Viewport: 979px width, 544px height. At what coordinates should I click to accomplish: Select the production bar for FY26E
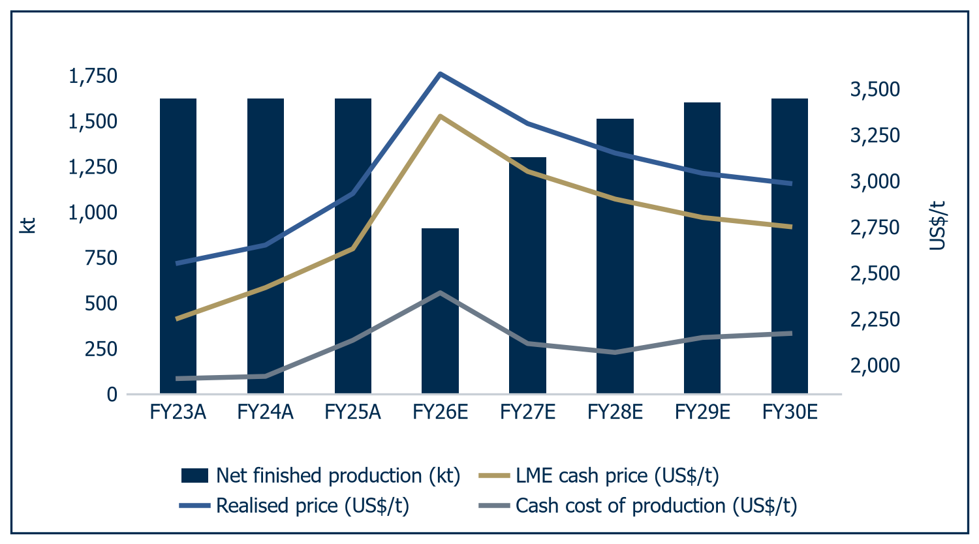pyautogui.click(x=440, y=310)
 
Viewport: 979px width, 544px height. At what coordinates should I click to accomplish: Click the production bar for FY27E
pyautogui.click(x=527, y=275)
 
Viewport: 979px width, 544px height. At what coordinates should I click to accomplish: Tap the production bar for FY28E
pyautogui.click(x=615, y=256)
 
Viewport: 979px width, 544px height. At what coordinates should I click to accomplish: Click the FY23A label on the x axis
pyautogui.click(x=178, y=412)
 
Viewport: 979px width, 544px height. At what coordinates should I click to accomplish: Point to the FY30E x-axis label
pyautogui.click(x=790, y=412)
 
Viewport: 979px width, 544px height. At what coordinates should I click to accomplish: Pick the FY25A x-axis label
pyautogui.click(x=352, y=412)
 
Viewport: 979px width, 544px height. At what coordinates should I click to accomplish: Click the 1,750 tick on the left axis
pyautogui.click(x=93, y=76)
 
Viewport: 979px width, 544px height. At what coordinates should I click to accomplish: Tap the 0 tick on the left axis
pyautogui.click(x=112, y=395)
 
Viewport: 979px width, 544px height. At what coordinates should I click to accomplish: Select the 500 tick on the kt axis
pyautogui.click(x=101, y=304)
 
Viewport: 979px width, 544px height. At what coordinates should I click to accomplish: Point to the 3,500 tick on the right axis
pyautogui.click(x=875, y=89)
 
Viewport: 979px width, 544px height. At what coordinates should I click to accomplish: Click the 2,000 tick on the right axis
pyautogui.click(x=875, y=365)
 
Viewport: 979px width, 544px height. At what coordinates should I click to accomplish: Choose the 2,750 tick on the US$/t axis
pyautogui.click(x=875, y=227)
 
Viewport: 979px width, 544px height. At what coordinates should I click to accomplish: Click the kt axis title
pyautogui.click(x=27, y=226)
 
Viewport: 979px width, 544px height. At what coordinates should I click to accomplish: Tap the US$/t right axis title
pyautogui.click(x=937, y=226)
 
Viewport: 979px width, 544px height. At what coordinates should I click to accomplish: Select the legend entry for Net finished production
pyautogui.click(x=321, y=476)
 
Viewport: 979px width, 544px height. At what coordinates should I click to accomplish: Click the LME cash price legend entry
pyautogui.click(x=598, y=476)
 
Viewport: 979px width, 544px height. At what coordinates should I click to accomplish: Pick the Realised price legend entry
pyautogui.click(x=294, y=506)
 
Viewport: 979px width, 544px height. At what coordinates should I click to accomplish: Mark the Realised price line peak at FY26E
pyautogui.click(x=440, y=74)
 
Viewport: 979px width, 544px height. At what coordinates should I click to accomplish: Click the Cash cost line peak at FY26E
pyautogui.click(x=440, y=292)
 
